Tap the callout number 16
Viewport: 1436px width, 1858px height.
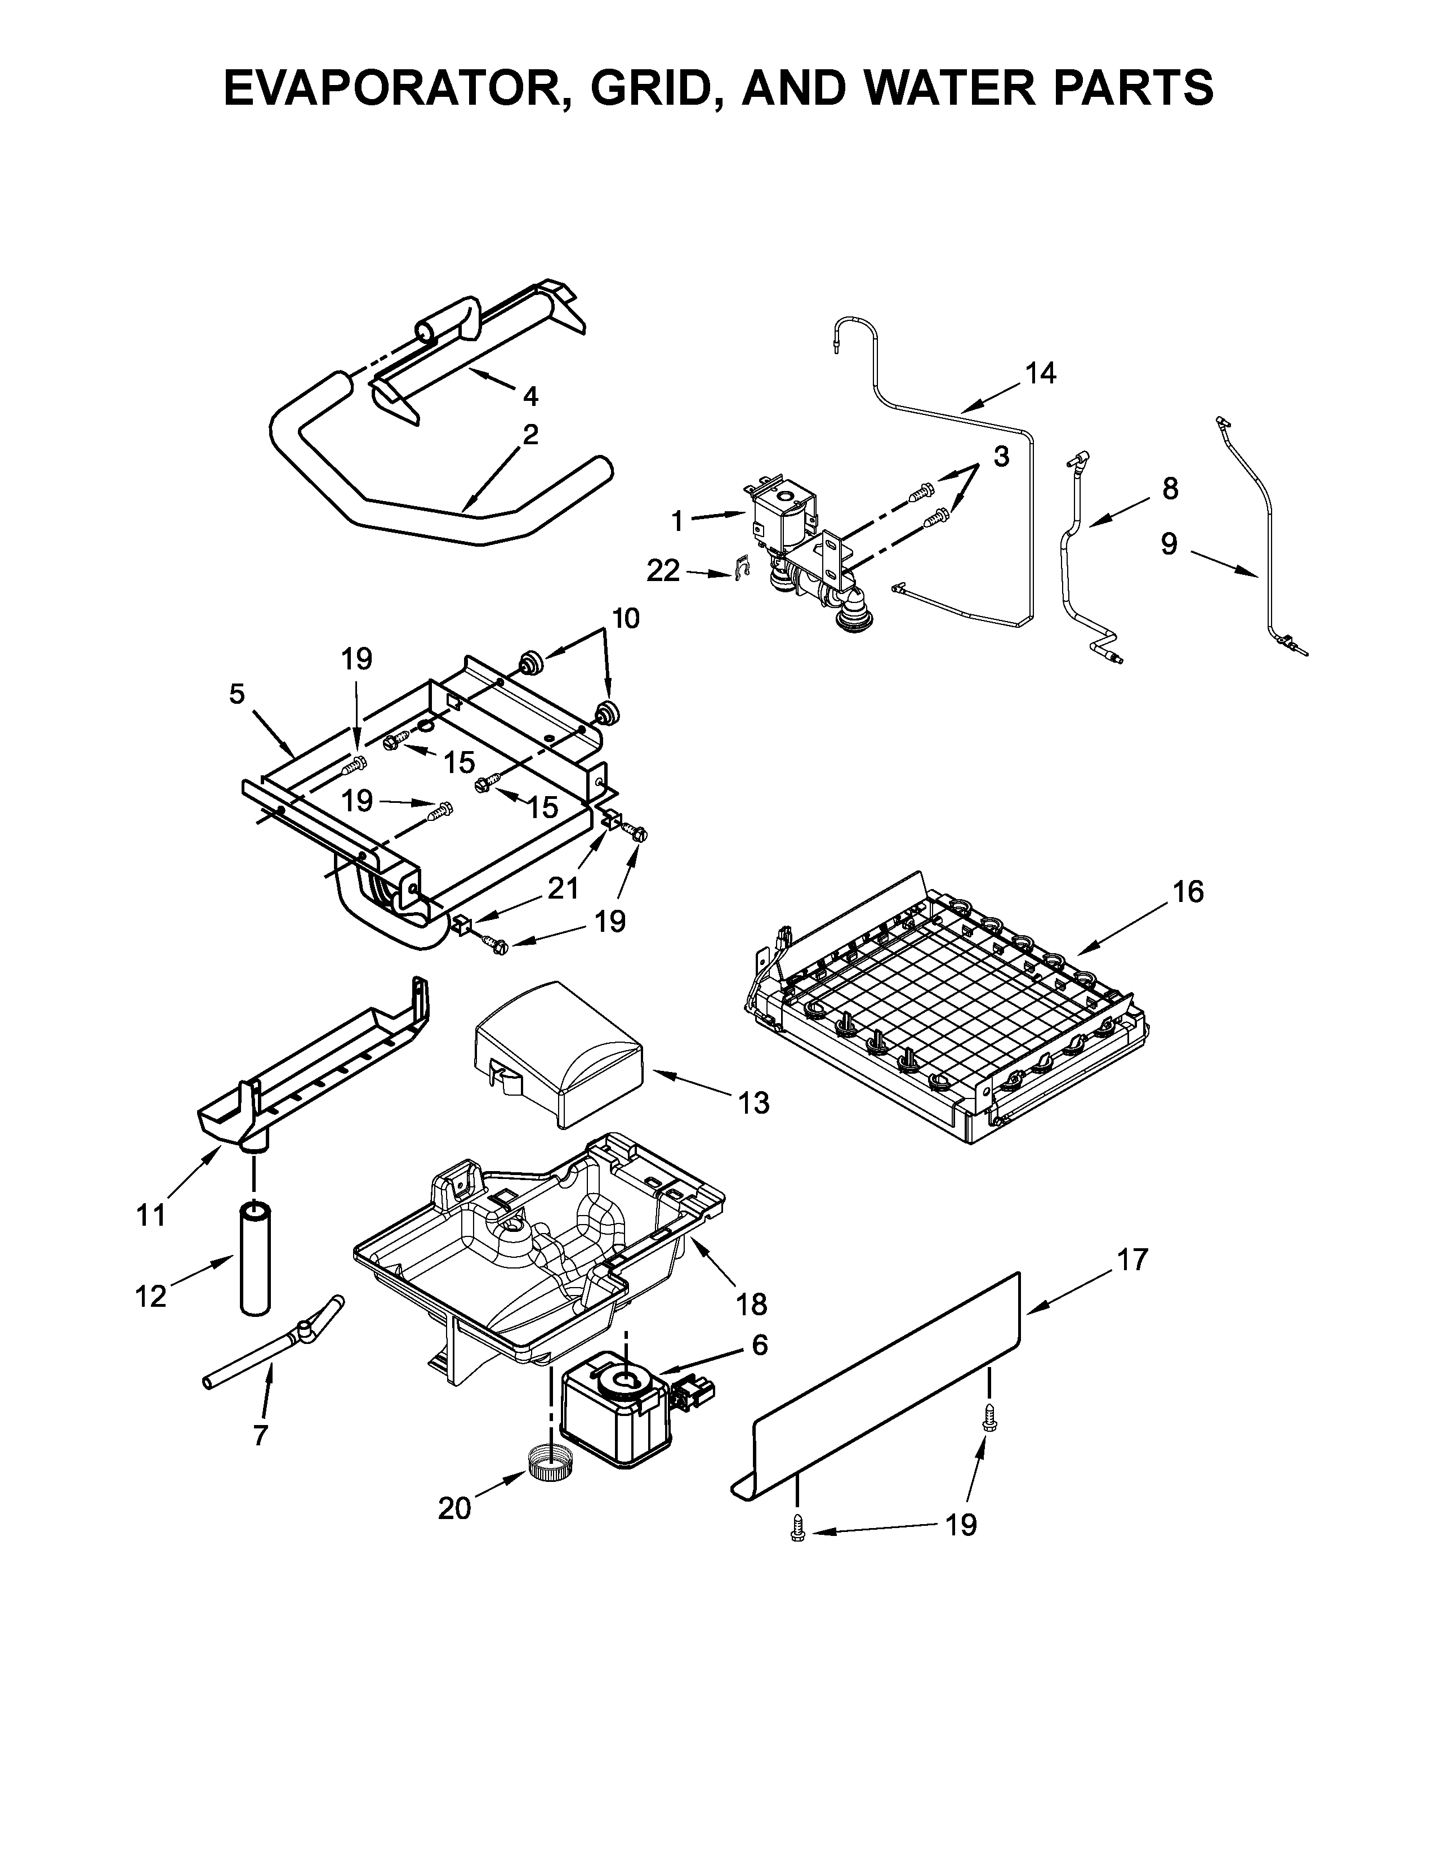1188,892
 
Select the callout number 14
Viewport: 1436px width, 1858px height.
1040,373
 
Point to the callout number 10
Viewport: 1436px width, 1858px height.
625,618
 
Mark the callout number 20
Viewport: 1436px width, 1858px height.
454,1508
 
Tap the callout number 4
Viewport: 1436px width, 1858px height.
530,396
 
